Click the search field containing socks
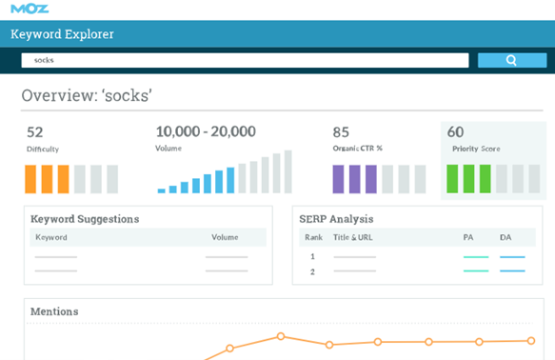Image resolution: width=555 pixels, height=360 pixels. click(245, 60)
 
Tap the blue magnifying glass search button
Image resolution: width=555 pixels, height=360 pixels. click(511, 60)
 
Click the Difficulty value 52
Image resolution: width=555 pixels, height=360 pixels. click(35, 132)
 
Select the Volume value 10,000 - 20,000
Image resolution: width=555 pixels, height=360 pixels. click(205, 131)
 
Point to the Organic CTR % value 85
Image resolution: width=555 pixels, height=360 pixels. click(341, 132)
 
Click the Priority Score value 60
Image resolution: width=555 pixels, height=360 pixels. click(455, 132)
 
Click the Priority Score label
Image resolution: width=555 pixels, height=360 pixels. click(475, 149)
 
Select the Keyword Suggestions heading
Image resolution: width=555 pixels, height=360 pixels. click(85, 219)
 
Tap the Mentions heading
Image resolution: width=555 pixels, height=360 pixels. click(54, 311)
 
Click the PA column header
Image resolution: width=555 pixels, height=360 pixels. click(467, 237)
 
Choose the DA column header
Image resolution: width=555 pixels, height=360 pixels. click(505, 237)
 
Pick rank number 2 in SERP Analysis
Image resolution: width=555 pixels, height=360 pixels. click(311, 271)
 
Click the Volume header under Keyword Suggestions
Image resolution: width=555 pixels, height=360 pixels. click(225, 237)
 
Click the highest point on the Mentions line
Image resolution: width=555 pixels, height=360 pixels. click(281, 335)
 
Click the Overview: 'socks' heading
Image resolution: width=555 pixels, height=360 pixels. click(87, 96)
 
